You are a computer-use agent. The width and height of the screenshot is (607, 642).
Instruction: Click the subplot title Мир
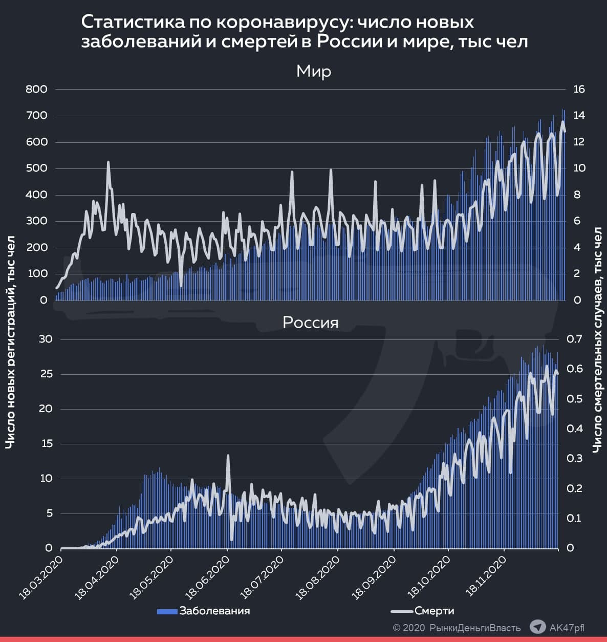click(x=314, y=71)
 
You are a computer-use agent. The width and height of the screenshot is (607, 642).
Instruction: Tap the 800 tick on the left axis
click(x=36, y=89)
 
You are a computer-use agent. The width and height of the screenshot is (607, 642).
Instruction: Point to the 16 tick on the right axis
click(x=579, y=89)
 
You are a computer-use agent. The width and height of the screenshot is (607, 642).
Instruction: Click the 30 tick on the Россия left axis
click(x=46, y=339)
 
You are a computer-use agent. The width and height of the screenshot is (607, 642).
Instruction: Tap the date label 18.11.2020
click(x=487, y=570)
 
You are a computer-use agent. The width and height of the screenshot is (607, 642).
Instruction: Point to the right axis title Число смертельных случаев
click(x=597, y=340)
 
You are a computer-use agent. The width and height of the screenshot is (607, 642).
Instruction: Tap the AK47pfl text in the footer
click(x=566, y=628)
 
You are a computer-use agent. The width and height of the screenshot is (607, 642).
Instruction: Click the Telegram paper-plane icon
click(x=537, y=627)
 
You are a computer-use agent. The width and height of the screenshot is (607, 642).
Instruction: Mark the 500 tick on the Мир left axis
click(x=36, y=168)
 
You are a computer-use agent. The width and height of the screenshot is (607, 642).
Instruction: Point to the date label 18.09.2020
click(x=376, y=570)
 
